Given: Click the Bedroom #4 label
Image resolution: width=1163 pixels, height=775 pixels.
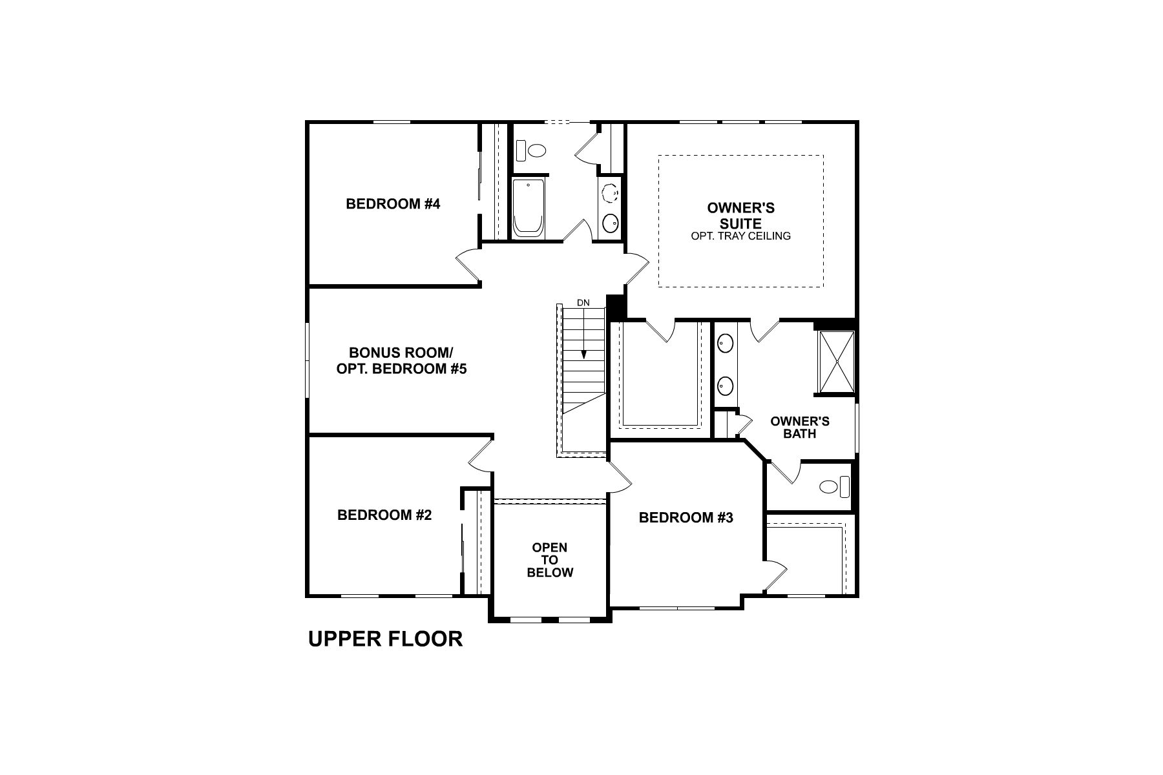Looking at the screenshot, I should (393, 204).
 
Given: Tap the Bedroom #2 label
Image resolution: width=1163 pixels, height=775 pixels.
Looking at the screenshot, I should (384, 515).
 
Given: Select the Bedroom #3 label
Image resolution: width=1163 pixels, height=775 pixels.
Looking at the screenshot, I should (686, 517).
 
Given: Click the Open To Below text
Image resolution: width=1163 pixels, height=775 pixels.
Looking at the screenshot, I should (550, 560).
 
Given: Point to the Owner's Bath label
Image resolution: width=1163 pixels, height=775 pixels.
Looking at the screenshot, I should (800, 428).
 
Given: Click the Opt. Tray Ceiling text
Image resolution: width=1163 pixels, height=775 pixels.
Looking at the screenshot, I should (740, 236).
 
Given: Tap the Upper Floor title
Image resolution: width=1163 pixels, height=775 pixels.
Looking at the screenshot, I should (385, 639).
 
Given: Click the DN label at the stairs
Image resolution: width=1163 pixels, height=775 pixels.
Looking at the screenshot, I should (583, 302).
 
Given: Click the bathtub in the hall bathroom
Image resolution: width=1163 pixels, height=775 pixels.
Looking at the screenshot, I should (529, 208).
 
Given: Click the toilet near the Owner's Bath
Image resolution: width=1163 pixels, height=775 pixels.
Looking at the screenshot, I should (833, 486).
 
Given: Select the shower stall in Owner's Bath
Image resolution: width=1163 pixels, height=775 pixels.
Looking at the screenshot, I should (837, 362).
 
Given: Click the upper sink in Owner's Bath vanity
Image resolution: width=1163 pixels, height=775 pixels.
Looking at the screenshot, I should (726, 343).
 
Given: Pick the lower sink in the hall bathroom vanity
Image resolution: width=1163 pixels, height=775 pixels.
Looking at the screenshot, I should (610, 223).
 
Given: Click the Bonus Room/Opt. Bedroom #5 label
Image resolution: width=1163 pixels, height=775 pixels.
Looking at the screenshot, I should (401, 361).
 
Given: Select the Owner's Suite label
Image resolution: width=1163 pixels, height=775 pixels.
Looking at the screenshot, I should (740, 216).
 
